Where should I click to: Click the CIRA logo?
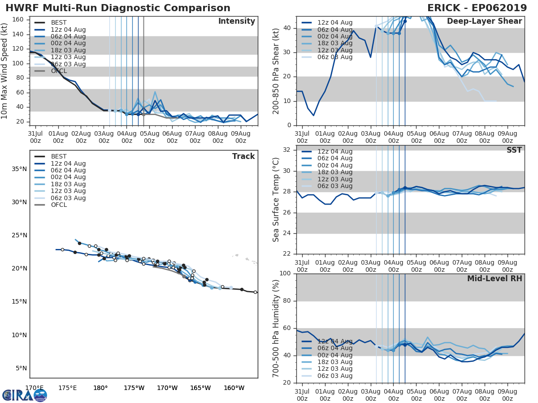click(25, 395)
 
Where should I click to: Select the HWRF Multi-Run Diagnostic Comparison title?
click(118, 8)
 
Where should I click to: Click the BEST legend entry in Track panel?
click(59, 157)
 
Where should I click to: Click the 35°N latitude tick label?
click(19, 169)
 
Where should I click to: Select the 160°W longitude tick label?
click(234, 388)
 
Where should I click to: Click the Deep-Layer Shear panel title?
click(484, 21)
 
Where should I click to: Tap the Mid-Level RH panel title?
click(495, 279)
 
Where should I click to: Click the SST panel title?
click(514, 150)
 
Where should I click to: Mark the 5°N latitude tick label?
click(21, 368)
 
